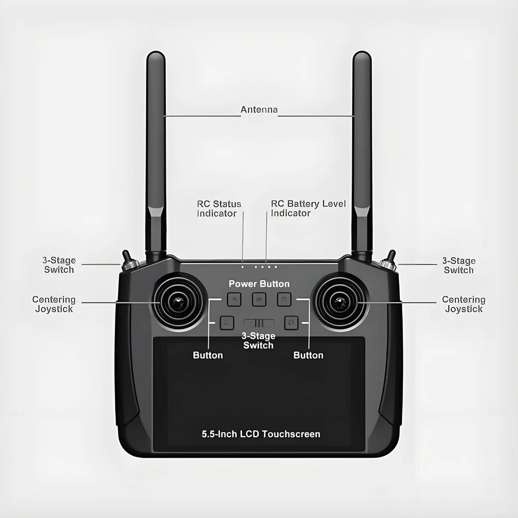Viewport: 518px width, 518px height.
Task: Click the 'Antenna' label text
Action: click(x=259, y=109)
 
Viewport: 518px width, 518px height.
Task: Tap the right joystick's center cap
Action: click(x=340, y=302)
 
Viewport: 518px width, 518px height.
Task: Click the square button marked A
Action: click(x=234, y=299)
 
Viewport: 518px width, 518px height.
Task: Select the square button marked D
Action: click(x=291, y=322)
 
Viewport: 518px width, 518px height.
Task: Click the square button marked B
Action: click(x=284, y=299)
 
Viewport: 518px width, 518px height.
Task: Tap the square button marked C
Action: click(x=227, y=322)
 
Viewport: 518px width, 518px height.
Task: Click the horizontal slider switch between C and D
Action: click(x=259, y=323)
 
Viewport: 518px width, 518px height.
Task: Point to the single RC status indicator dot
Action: click(x=243, y=267)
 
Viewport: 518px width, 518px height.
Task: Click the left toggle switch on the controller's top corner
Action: click(x=128, y=261)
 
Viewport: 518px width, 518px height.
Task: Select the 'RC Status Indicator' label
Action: click(x=219, y=208)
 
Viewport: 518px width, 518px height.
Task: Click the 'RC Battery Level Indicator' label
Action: click(x=308, y=208)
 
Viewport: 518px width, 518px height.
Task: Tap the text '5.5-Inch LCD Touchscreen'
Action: click(x=261, y=434)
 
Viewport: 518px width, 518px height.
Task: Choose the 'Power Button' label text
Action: click(x=259, y=284)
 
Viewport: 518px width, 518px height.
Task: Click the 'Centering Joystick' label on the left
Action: click(x=54, y=304)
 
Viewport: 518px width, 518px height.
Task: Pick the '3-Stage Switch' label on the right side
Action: click(x=459, y=265)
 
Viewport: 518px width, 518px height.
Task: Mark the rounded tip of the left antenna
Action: click(x=155, y=54)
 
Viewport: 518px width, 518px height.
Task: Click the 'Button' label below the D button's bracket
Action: click(x=308, y=355)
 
